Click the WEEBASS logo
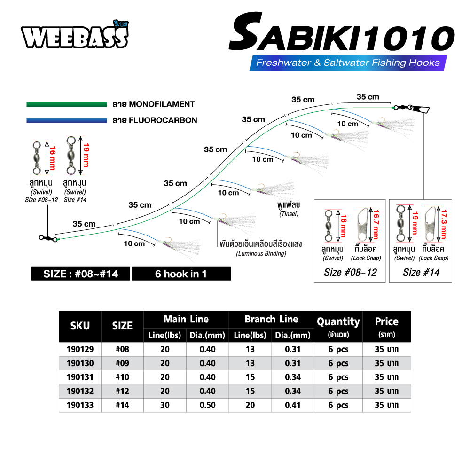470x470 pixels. point(75,35)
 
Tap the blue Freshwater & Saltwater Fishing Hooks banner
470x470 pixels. point(348,63)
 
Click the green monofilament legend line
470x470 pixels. point(67,104)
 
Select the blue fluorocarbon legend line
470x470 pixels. point(67,120)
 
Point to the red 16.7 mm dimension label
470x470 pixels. point(376,224)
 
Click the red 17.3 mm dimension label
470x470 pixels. point(444,224)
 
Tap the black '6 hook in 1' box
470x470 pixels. point(181,274)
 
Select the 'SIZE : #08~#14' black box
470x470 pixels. point(81,274)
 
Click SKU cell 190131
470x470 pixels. point(80,377)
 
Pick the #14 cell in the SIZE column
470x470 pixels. point(122,405)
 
